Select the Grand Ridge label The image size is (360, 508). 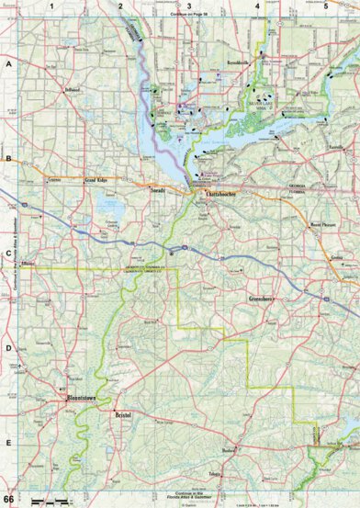tap(98, 181)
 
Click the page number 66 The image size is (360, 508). tap(8, 499)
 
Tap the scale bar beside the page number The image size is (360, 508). tap(51, 499)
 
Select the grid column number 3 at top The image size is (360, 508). tap(188, 6)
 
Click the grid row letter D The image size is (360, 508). tap(8, 347)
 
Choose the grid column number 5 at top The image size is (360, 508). tap(325, 6)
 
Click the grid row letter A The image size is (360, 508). tap(8, 65)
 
